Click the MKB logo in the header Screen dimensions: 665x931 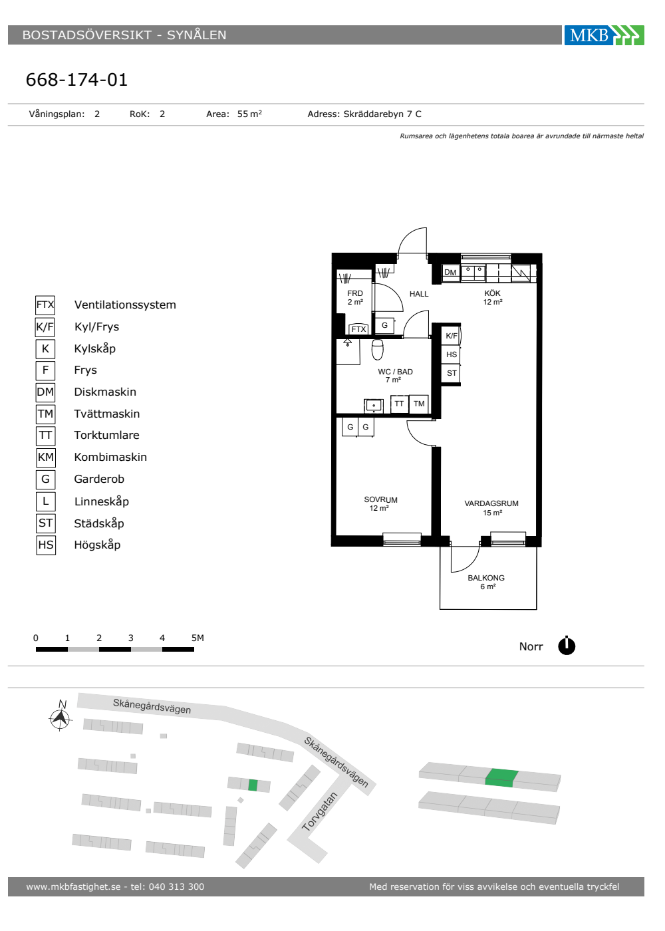coord(604,35)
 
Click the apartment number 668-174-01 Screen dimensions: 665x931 coord(77,80)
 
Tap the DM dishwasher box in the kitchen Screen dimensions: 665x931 coord(451,272)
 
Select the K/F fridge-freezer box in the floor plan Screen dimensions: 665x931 coord(452,336)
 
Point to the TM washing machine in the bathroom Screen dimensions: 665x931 coord(419,404)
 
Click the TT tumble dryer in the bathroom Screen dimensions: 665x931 coord(399,404)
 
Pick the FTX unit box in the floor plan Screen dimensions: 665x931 coord(358,329)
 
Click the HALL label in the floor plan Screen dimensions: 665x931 coord(419,294)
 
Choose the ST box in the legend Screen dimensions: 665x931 coord(46,523)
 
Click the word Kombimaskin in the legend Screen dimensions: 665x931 coord(110,458)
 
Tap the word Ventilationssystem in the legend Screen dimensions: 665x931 coord(125,305)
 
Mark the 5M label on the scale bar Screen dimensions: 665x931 coord(198,638)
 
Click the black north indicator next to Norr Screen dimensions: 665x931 coord(567,646)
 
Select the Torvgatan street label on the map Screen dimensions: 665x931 coord(319,812)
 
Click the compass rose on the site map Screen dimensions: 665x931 coord(61,718)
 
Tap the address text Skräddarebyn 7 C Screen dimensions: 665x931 coord(382,114)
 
